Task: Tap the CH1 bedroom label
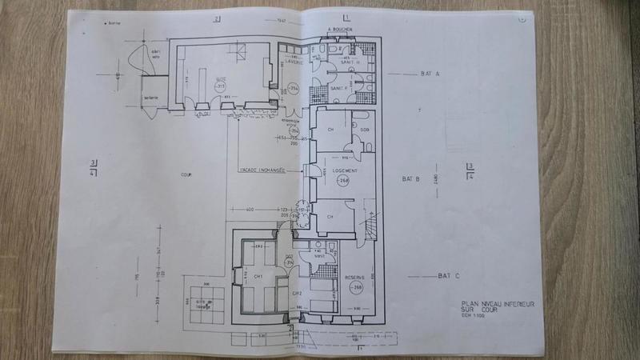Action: click(x=258, y=277)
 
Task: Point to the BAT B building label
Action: click(x=411, y=181)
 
